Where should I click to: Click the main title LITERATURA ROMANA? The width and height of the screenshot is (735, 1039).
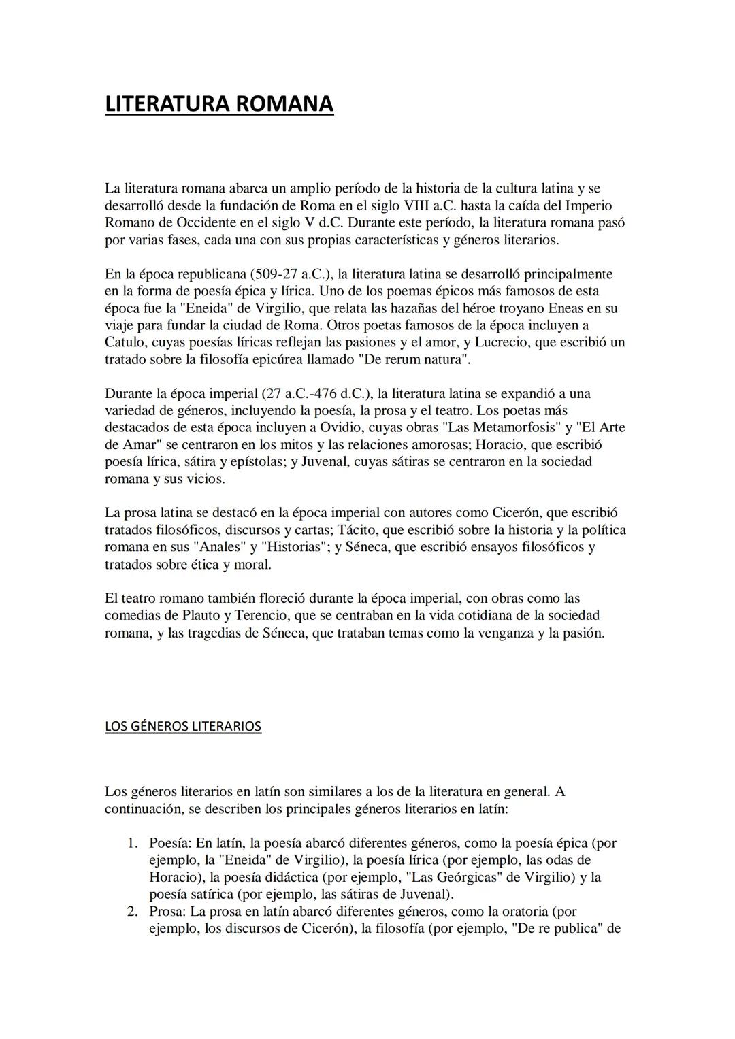(219, 104)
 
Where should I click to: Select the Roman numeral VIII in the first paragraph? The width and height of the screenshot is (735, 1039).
(418, 205)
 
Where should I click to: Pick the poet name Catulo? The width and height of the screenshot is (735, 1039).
(125, 342)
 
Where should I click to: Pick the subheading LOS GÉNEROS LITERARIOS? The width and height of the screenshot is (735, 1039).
(182, 727)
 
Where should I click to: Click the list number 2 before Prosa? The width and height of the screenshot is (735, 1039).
(133, 912)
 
